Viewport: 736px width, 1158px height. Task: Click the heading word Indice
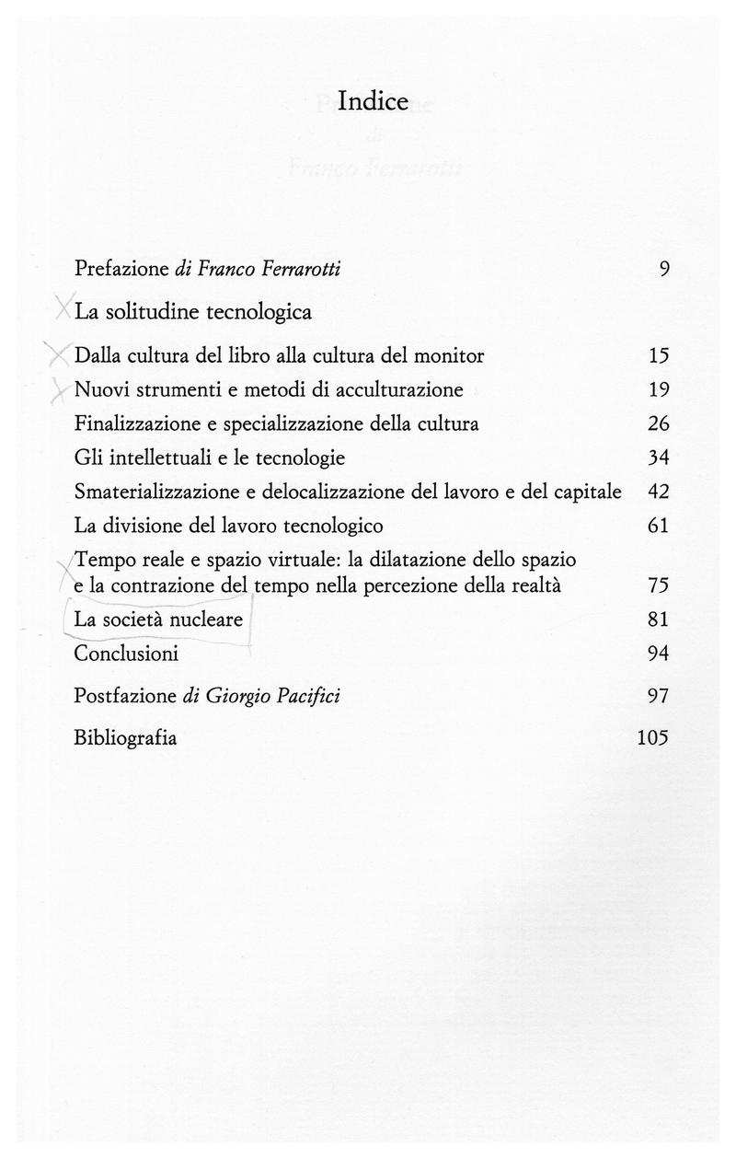[373, 100]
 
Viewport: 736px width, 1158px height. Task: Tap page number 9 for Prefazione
[663, 269]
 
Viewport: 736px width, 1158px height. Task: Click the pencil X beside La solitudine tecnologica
[63, 308]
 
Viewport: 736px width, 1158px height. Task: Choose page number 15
[658, 355]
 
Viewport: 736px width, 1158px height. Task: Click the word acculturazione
[399, 389]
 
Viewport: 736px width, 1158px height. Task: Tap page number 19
[658, 389]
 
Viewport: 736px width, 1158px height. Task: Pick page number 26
[658, 424]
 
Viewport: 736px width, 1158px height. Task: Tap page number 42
[658, 492]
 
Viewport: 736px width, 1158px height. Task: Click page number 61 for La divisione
[658, 527]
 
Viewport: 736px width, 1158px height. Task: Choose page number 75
[658, 585]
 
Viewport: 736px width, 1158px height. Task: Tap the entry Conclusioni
[126, 654]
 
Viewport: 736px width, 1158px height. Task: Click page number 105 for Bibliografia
[652, 737]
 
